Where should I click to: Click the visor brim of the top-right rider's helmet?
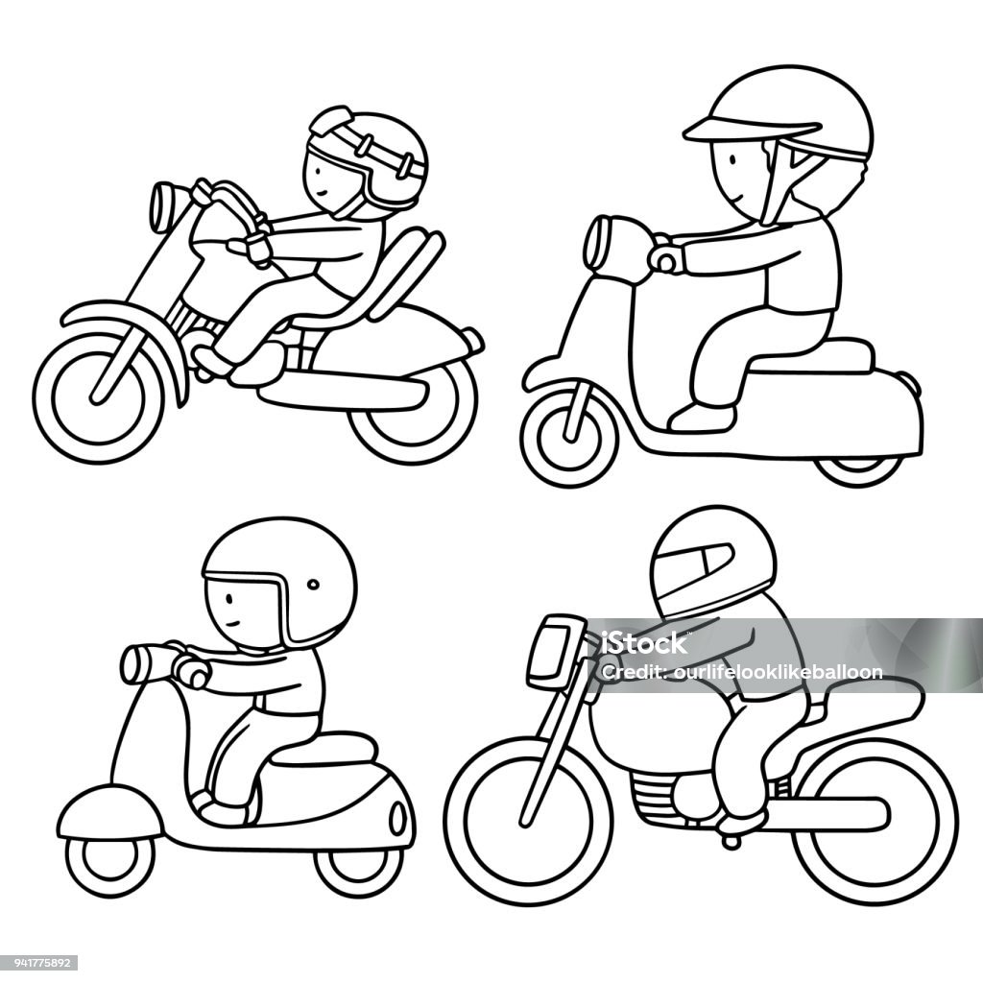point(751,128)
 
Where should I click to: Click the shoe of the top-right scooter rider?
point(702,418)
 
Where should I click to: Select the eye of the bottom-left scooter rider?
point(228,598)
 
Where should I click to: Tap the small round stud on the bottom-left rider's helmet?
point(313,585)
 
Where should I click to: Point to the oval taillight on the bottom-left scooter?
point(396,817)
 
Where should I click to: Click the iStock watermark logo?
point(643,643)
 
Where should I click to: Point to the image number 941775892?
point(38,962)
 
